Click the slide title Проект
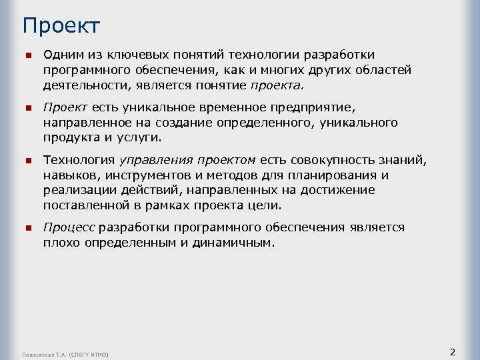[61, 26]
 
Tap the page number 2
[453, 351]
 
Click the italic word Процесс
[69, 228]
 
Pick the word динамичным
[233, 243]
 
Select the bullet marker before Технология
[27, 161]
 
